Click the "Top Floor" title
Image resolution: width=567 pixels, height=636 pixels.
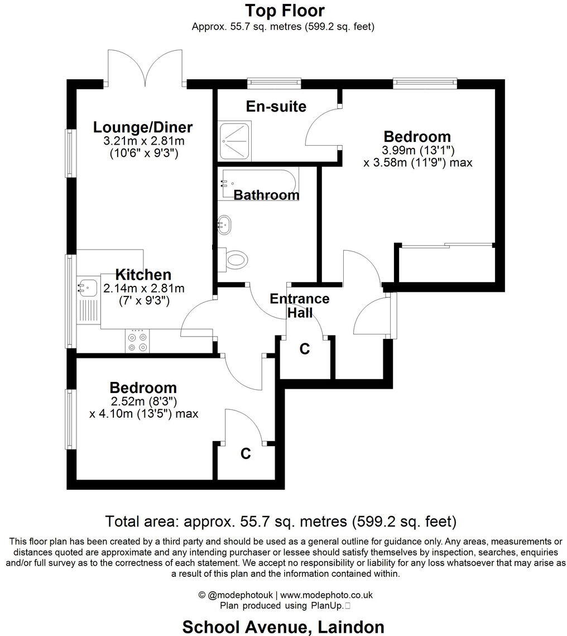click(x=285, y=10)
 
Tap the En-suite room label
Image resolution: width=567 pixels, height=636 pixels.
click(x=277, y=106)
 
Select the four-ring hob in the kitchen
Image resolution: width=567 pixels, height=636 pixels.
click(x=137, y=341)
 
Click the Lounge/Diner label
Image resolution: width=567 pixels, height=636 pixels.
click(x=142, y=127)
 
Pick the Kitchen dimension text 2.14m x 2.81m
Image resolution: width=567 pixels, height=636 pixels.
click(x=143, y=288)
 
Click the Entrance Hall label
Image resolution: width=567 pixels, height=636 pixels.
click(x=299, y=305)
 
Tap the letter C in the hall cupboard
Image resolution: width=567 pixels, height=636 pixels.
click(x=304, y=349)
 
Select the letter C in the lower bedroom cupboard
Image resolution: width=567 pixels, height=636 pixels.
click(x=246, y=454)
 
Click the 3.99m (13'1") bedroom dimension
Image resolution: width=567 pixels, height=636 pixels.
click(x=418, y=150)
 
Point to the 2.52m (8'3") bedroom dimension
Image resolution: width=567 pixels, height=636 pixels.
click(x=143, y=401)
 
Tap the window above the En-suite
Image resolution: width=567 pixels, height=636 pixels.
click(x=274, y=83)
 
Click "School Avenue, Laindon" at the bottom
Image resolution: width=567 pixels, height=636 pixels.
click(x=283, y=627)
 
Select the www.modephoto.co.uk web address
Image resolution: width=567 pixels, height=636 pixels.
click(x=326, y=595)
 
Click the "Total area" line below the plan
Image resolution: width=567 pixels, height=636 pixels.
click(x=281, y=522)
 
